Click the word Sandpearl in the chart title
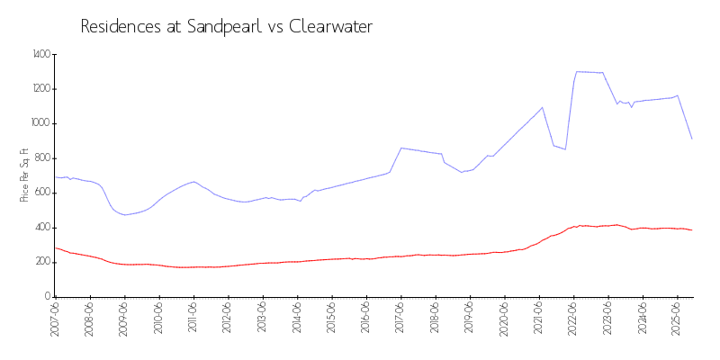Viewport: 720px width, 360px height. [x=224, y=26]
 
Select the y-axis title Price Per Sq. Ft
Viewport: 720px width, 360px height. [x=24, y=175]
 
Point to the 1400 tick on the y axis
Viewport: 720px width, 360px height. [x=40, y=55]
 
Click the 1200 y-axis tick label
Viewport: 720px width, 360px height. [x=40, y=89]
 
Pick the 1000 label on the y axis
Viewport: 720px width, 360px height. [x=40, y=123]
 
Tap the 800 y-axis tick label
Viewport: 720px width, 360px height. [x=43, y=158]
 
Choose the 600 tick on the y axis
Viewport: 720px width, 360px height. [x=43, y=193]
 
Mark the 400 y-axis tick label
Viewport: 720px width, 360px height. [x=43, y=228]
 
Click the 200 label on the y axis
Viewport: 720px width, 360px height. [x=43, y=262]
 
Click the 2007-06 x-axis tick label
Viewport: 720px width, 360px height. [x=56, y=320]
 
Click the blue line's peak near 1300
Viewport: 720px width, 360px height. [x=577, y=71]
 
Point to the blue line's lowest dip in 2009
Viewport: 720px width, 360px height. [x=124, y=214]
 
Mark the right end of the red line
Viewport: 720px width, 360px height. [x=691, y=229]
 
